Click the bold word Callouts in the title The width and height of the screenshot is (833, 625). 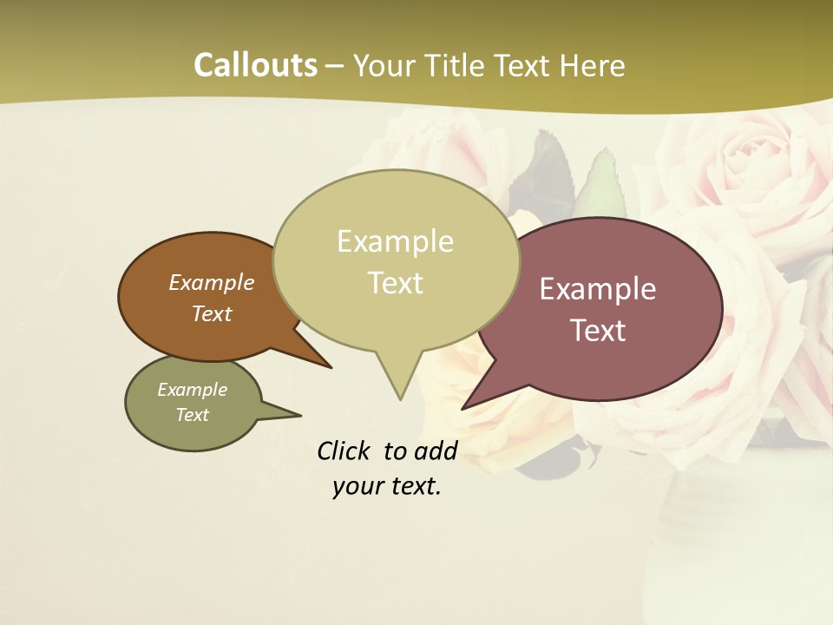pos(255,66)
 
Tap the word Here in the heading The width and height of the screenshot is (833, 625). pos(593,66)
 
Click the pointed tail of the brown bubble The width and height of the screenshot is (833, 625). pos(330,367)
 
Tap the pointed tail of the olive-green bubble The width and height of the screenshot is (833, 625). pos(299,415)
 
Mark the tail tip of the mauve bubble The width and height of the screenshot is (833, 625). pos(462,408)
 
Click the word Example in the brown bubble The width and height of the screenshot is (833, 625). pos(211,283)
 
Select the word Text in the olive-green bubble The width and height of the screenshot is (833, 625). pos(192,415)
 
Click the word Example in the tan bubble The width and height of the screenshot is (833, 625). pos(395,241)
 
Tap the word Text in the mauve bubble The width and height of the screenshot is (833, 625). pos(599,331)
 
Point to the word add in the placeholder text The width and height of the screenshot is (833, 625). pos(435,451)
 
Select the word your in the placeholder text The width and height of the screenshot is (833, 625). pos(358,486)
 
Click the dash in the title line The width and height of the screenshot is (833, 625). pos(335,66)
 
